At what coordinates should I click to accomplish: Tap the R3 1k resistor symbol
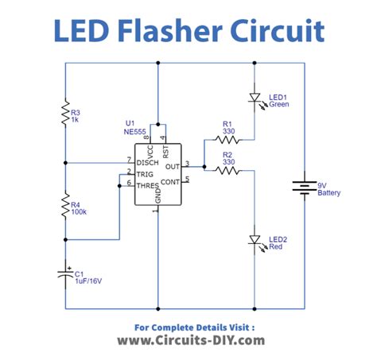click(x=65, y=116)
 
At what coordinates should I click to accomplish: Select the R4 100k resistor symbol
click(x=65, y=208)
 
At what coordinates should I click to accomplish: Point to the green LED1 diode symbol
click(x=254, y=99)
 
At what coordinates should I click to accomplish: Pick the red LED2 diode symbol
click(x=254, y=239)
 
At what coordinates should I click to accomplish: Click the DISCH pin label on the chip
click(x=148, y=162)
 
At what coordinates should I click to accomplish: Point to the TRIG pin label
click(x=146, y=173)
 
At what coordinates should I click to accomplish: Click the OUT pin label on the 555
click(x=172, y=167)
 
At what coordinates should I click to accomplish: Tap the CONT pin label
click(x=170, y=180)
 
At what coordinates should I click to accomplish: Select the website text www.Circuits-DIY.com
click(x=188, y=340)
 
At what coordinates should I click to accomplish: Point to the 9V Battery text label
click(x=329, y=189)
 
